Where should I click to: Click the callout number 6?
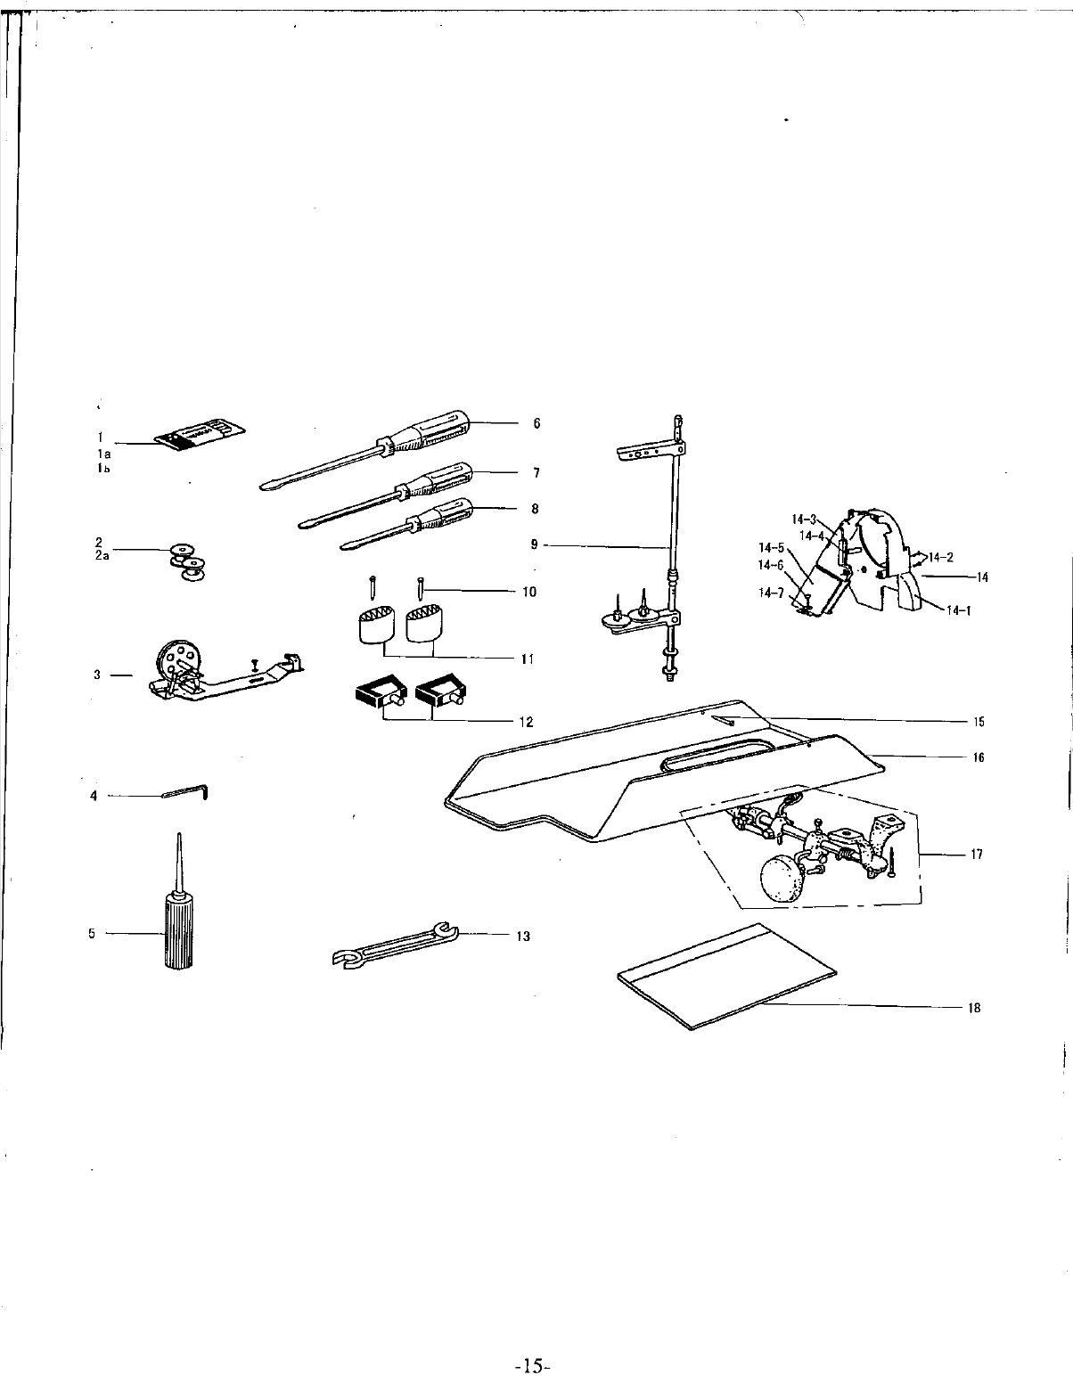pos(536,423)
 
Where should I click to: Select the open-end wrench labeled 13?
pos(393,945)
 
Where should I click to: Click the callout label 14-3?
pos(804,519)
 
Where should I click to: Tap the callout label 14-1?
pos(958,610)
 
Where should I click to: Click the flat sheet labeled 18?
pos(726,977)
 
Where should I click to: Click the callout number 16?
pos(979,757)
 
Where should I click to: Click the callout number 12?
pos(527,722)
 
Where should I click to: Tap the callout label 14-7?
pos(771,593)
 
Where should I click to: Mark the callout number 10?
pos(529,592)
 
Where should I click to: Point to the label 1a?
pos(104,454)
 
